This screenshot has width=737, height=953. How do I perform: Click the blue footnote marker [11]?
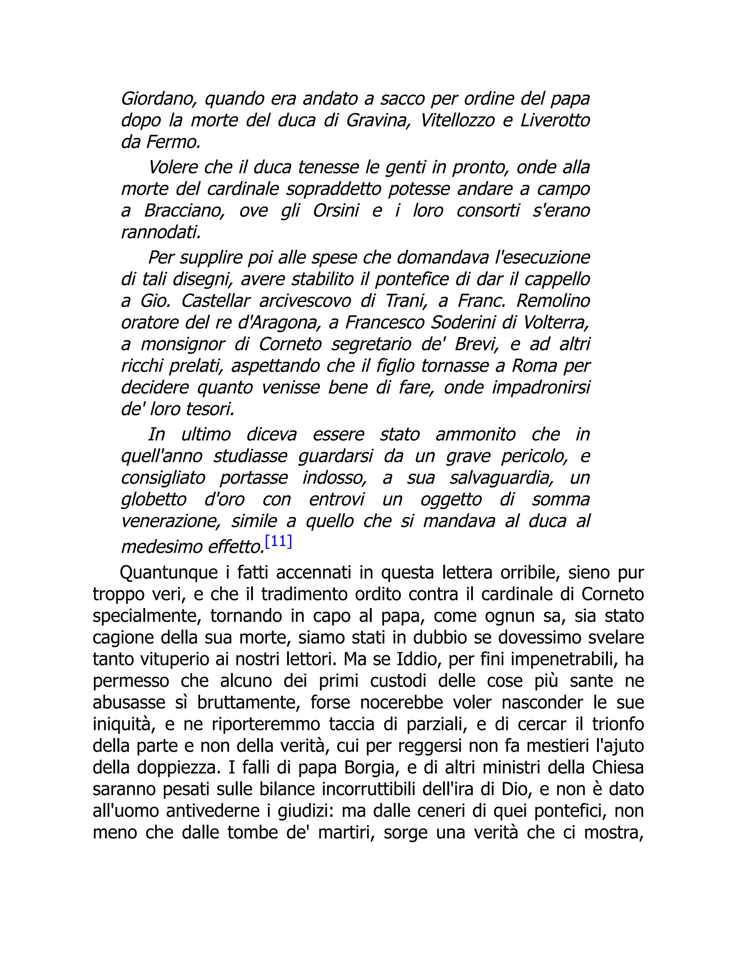pos(279,542)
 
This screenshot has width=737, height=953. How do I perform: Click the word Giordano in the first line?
pos(156,99)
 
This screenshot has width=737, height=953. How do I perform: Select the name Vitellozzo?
pos(457,120)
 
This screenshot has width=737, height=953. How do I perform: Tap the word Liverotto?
pos(555,120)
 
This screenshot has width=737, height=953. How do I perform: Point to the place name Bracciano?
pos(184,211)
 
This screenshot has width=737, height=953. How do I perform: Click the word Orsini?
pos(336,211)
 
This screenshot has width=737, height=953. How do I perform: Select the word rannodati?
pos(160,233)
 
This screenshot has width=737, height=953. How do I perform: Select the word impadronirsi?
pos(541,387)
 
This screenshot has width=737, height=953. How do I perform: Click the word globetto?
pos(154,500)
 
